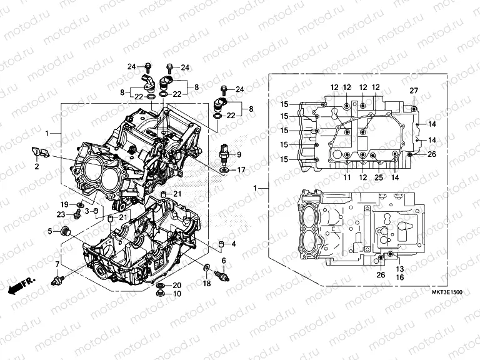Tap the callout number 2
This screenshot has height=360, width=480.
pyautogui.click(x=36, y=167)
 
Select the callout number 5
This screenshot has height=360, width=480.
pyautogui.click(x=49, y=231)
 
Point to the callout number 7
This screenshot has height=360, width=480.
pyautogui.click(x=57, y=265)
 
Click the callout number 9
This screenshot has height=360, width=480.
pyautogui.click(x=238, y=154)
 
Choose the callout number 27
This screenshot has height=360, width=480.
pyautogui.click(x=413, y=91)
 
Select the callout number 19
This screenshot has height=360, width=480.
pyautogui.click(x=64, y=205)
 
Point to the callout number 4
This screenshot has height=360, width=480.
pyautogui.click(x=233, y=244)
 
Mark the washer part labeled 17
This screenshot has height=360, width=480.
pyautogui.click(x=224, y=169)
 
